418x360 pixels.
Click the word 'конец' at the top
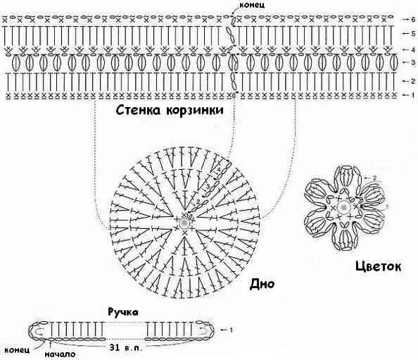tap(253, 5)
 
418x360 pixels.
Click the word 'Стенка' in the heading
tap(140, 111)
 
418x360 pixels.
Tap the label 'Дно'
tap(262, 285)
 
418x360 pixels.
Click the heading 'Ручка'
tap(123, 310)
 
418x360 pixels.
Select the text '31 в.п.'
tap(125, 347)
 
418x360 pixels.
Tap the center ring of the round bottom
tap(184, 222)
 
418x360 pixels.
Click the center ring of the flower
tap(343, 208)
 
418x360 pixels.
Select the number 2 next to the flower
tap(376, 178)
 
